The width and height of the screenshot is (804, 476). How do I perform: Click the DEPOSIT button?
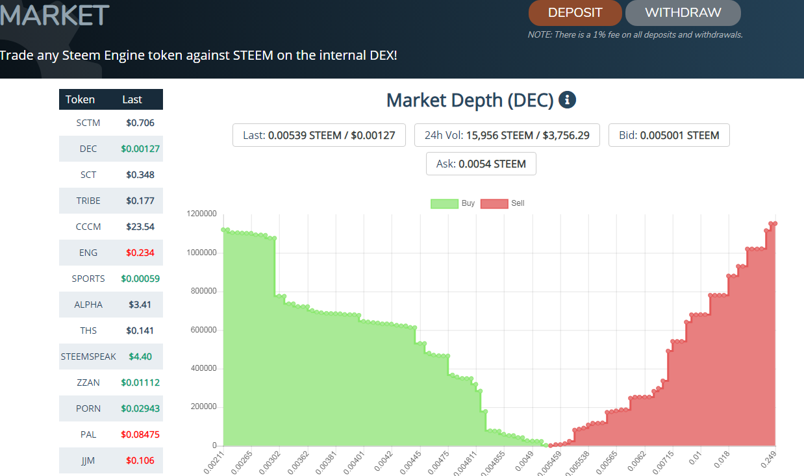click(x=575, y=13)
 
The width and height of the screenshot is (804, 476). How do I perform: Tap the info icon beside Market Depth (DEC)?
click(x=568, y=100)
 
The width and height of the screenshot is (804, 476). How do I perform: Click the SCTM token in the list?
click(x=88, y=123)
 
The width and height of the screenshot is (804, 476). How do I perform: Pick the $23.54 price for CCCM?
click(x=140, y=227)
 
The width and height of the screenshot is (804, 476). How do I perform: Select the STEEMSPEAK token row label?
click(x=88, y=357)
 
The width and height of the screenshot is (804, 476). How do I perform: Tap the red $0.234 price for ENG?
click(x=140, y=253)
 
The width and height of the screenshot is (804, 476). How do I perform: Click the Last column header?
click(x=132, y=99)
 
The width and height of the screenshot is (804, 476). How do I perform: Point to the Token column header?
click(x=80, y=99)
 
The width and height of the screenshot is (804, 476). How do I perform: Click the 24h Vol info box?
click(x=507, y=135)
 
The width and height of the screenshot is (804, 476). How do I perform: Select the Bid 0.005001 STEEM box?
click(x=669, y=135)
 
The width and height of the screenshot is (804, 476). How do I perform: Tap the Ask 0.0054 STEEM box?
click(x=481, y=164)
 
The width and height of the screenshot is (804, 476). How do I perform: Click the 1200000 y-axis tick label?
click(x=201, y=214)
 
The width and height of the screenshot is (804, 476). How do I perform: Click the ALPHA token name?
click(x=88, y=305)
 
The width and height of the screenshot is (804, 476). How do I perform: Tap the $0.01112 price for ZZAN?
click(x=140, y=382)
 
